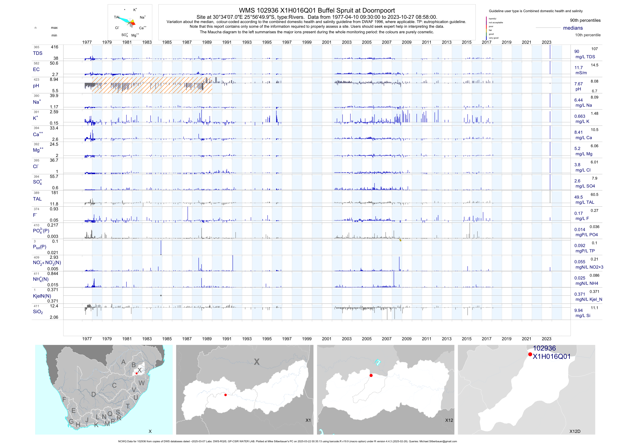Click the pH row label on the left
[36, 86]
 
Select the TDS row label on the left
[38, 53]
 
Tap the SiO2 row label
[38, 312]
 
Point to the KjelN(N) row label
[42, 296]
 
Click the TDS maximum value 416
[54, 47]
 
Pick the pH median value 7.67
[578, 84]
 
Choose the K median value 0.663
[580, 116]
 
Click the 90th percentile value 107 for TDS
[594, 49]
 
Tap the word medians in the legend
[573, 28]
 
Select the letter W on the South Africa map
[142, 383]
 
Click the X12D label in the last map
[575, 431]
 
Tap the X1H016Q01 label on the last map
[551, 357]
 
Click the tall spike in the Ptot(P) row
[161, 247]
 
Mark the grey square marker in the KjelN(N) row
[161, 295]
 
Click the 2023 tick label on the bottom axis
[546, 339]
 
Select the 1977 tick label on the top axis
[87, 42]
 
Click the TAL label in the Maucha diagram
[117, 17]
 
